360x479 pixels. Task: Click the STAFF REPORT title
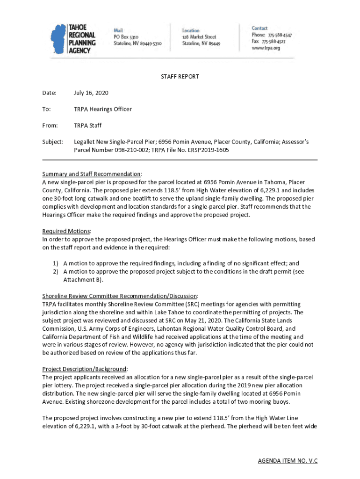click(x=180, y=77)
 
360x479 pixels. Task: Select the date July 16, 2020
click(x=91, y=93)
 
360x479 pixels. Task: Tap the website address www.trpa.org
click(x=266, y=48)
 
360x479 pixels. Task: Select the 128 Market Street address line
click(x=199, y=36)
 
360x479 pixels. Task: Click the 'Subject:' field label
click(x=53, y=141)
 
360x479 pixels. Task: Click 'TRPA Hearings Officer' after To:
click(x=103, y=109)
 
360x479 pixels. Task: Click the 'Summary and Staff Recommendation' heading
click(x=91, y=174)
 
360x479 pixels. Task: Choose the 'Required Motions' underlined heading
click(x=66, y=231)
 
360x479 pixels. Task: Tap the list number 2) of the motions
click(x=55, y=272)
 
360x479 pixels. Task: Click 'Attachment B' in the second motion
click(x=82, y=280)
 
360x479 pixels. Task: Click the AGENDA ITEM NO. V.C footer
click(x=288, y=461)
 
